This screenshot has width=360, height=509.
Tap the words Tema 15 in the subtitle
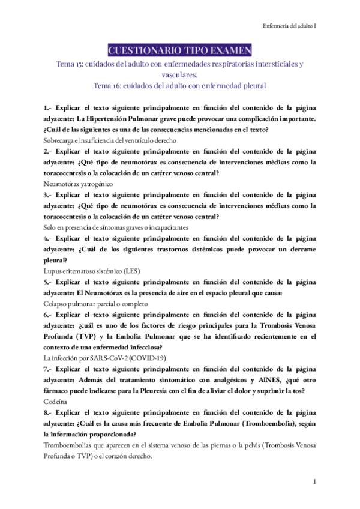[68, 64]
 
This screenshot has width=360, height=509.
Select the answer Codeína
[56, 400]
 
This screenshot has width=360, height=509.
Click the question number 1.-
[48, 108]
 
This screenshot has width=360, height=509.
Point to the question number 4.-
[48, 238]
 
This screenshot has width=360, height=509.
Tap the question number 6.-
[48, 314]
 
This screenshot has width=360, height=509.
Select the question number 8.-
[48, 411]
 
